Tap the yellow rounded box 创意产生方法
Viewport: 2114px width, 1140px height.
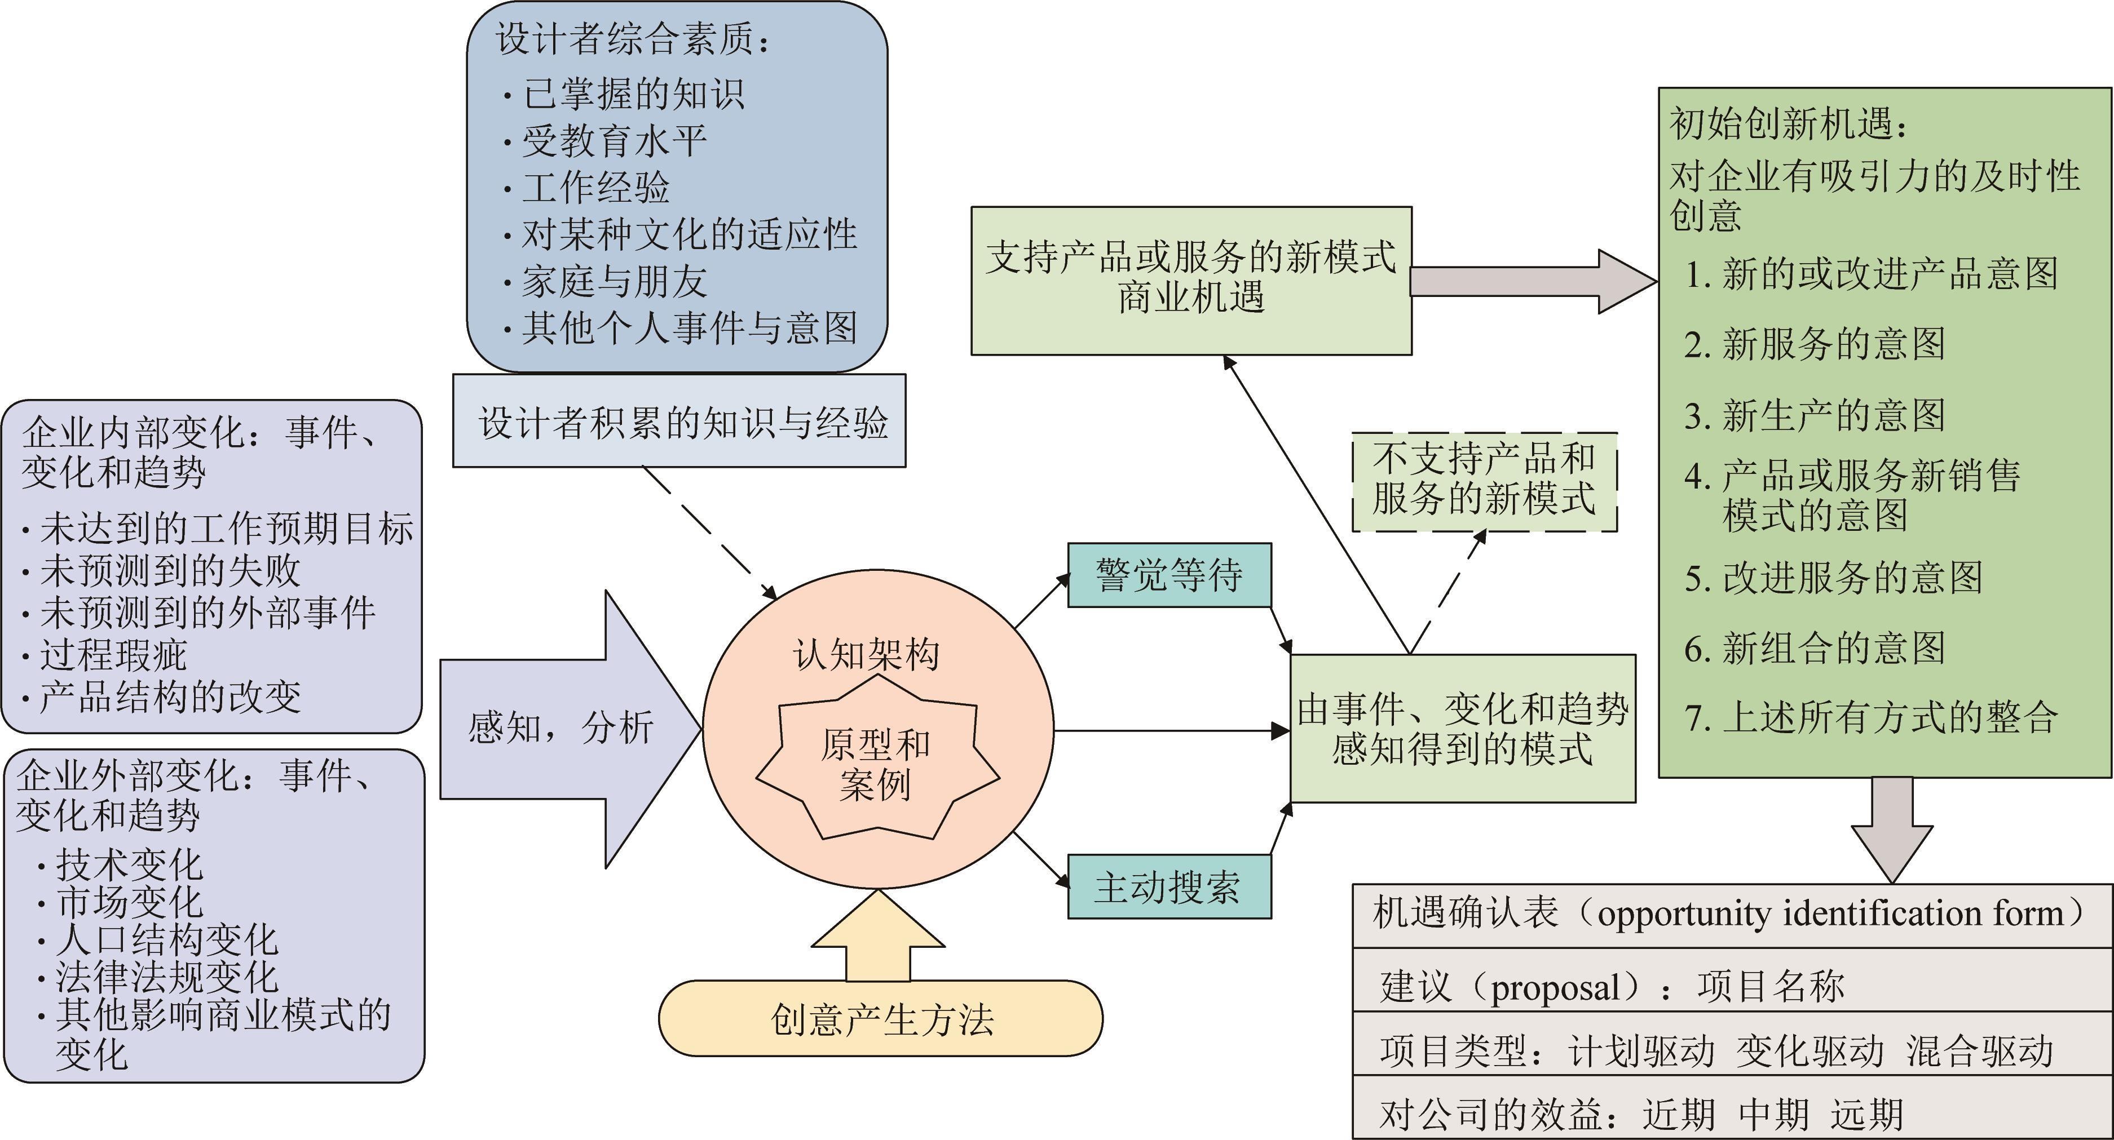[x=881, y=1019]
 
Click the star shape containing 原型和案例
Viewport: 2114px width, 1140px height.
[x=876, y=764]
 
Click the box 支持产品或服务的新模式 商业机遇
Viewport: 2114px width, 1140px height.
[x=1191, y=279]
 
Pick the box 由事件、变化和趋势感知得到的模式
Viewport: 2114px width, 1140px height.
[x=1462, y=728]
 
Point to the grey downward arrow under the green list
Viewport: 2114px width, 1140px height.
[x=1892, y=828]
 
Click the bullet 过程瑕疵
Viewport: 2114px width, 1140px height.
[x=113, y=654]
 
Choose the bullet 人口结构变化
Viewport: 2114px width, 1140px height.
[x=166, y=939]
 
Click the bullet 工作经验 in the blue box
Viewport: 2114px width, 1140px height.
[x=595, y=188]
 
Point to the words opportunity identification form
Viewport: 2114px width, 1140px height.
[x=1830, y=913]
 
